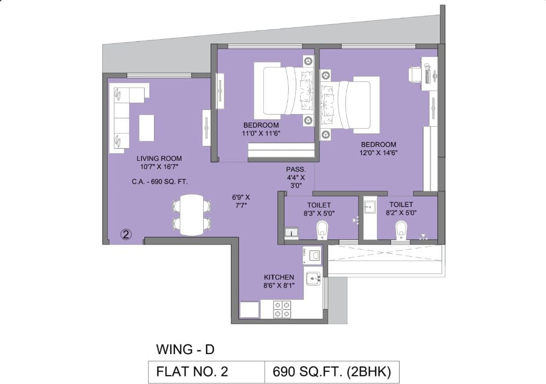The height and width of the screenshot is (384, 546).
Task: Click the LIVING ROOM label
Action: tap(159, 158)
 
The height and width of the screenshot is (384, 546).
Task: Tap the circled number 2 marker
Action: tap(126, 234)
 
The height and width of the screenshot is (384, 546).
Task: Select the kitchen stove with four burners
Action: tap(282, 309)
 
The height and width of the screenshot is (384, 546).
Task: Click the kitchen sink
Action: tap(313, 278)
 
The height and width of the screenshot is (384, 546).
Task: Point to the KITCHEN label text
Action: tap(279, 277)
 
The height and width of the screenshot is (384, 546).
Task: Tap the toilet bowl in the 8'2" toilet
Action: tap(401, 229)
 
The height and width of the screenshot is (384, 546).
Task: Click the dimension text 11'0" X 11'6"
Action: tap(261, 133)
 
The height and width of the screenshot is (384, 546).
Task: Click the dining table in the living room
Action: tap(192, 215)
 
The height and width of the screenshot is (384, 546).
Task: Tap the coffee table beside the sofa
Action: tap(147, 128)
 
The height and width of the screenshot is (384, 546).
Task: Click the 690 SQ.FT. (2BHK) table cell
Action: tap(332, 372)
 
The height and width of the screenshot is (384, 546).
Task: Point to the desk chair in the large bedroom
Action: tap(415, 74)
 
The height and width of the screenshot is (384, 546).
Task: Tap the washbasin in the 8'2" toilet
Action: tap(370, 207)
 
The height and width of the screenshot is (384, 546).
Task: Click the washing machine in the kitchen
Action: tap(312, 256)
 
